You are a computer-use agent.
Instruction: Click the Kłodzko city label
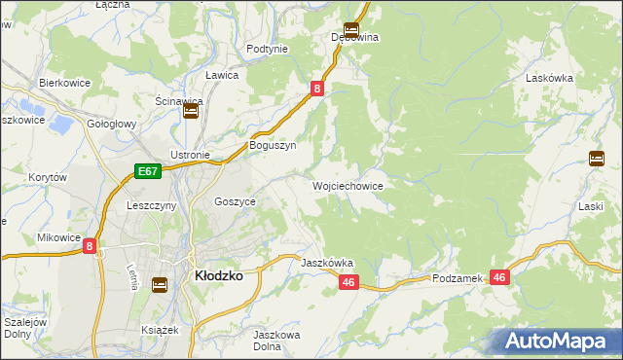(219, 275)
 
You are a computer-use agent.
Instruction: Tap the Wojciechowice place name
(348, 185)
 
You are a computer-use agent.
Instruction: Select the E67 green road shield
(147, 171)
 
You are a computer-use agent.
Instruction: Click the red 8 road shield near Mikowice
(90, 247)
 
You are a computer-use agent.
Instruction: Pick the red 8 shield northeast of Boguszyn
(317, 89)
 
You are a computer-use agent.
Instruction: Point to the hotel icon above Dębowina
(350, 29)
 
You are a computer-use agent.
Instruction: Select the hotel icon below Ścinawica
(191, 112)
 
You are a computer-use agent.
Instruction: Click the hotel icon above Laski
(597, 159)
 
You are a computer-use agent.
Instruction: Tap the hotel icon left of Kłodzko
(160, 284)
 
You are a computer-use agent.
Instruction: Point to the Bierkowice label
(64, 84)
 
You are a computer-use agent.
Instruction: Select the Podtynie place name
(267, 49)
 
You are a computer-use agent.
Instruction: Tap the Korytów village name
(47, 178)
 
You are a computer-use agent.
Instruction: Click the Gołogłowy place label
(111, 126)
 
